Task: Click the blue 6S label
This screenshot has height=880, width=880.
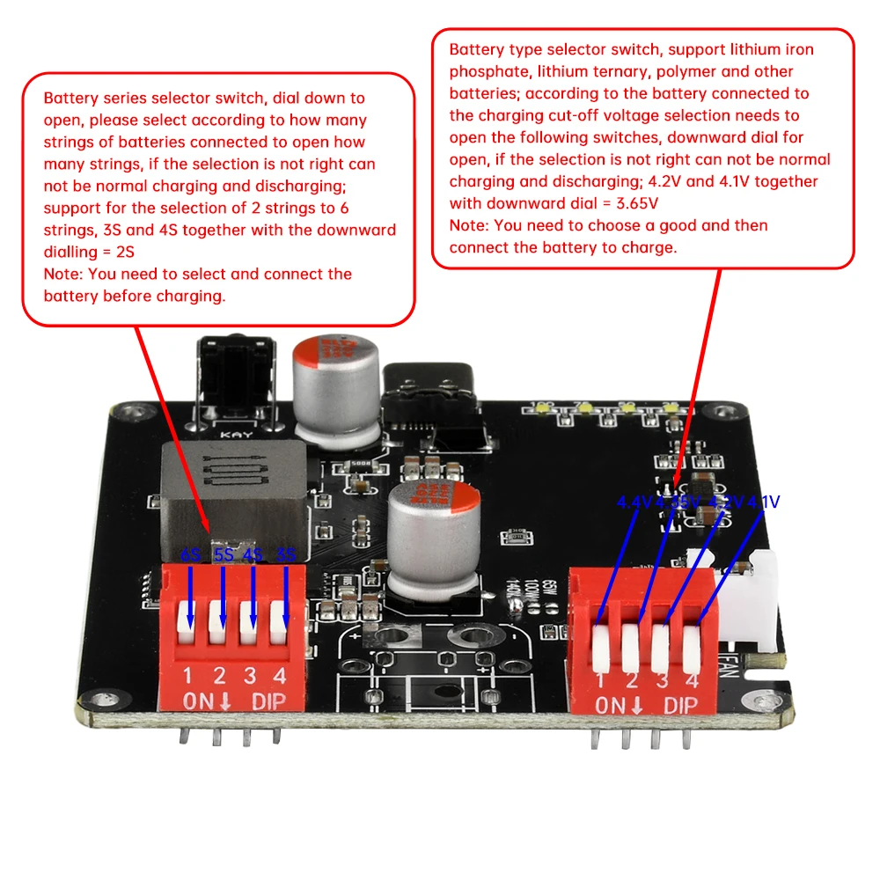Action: tap(190, 556)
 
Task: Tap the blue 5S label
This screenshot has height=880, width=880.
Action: tap(224, 556)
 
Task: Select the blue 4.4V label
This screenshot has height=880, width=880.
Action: tap(633, 502)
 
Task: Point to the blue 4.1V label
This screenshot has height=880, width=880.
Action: tap(762, 502)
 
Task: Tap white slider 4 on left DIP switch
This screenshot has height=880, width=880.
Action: tap(282, 615)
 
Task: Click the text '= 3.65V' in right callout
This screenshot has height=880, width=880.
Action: tap(614, 203)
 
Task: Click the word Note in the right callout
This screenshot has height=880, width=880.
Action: tap(468, 225)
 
